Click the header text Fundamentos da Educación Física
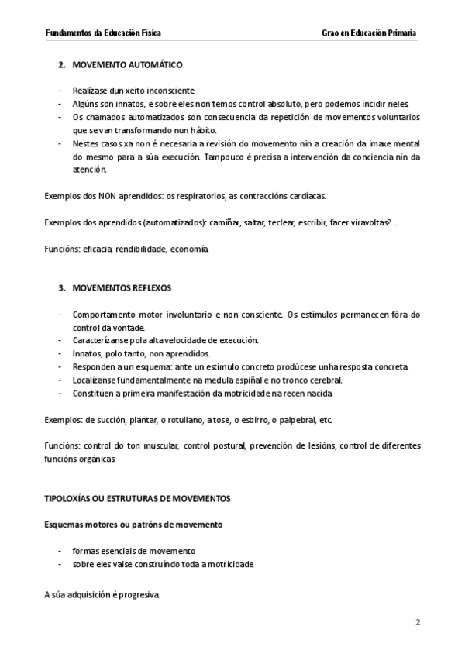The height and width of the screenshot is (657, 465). [x=104, y=33]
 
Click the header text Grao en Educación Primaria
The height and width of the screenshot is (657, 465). [x=370, y=33]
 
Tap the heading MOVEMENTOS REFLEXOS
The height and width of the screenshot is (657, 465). [x=122, y=288]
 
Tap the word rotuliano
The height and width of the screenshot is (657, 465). [x=183, y=420]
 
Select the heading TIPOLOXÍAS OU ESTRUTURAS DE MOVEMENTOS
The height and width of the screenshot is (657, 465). [x=137, y=497]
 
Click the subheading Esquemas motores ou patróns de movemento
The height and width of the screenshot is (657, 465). [x=133, y=525]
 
